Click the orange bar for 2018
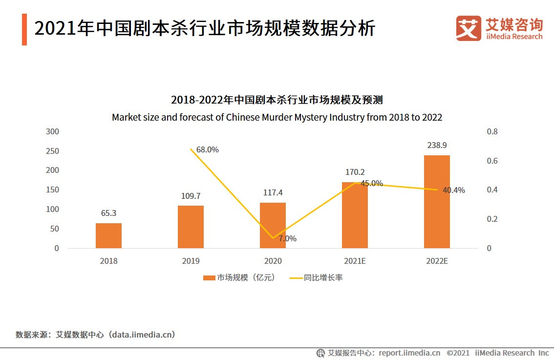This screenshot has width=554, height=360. [108, 235]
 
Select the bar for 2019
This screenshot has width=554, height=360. [191, 227]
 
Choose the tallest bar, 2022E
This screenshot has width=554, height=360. [437, 202]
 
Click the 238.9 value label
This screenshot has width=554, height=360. [437, 145]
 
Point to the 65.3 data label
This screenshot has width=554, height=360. [108, 213]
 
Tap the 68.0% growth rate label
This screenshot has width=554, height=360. [208, 149]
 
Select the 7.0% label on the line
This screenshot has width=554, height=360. [287, 239]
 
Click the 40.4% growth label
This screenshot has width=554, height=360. [454, 190]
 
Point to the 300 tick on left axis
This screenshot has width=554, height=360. [52, 131]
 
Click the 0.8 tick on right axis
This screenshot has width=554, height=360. [492, 131]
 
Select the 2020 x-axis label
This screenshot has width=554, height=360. [273, 261]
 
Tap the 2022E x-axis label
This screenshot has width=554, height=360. [437, 261]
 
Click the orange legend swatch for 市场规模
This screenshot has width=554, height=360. [209, 278]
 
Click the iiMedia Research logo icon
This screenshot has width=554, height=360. [469, 28]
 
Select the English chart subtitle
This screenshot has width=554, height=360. [277, 117]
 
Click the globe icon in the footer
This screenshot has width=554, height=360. [320, 353]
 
